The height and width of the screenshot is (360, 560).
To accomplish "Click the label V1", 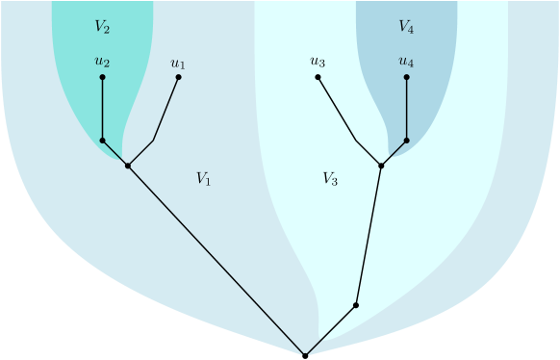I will click(x=203, y=178).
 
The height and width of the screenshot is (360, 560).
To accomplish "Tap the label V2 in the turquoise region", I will click(x=102, y=27).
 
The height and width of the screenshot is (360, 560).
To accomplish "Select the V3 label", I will click(x=329, y=178).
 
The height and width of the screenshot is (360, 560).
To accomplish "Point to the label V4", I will click(x=406, y=27).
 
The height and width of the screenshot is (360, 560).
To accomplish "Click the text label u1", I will click(x=178, y=64).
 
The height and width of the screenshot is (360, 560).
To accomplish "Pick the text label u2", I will click(x=102, y=63).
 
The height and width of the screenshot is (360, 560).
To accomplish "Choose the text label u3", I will click(x=318, y=63).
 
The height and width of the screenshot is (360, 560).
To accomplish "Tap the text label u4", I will click(x=406, y=63).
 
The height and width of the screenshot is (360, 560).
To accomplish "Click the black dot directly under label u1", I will click(x=178, y=77).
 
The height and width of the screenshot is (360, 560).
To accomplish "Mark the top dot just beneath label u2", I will click(x=102, y=77).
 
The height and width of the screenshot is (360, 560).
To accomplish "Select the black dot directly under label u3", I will click(x=318, y=77).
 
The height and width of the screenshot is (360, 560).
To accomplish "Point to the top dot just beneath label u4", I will click(x=406, y=77).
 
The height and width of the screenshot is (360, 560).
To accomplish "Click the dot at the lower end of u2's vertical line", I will click(x=102, y=141).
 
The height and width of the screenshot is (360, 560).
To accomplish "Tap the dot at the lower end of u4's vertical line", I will click(x=406, y=141).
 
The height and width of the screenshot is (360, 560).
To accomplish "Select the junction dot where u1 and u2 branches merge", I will click(x=127, y=166).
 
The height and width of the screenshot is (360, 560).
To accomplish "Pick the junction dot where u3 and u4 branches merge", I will click(x=381, y=166).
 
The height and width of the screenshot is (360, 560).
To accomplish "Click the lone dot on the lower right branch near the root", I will click(x=356, y=305).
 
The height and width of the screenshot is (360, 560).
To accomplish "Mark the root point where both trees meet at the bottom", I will click(x=305, y=356).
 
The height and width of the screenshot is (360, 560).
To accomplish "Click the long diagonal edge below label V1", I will click(x=216, y=261).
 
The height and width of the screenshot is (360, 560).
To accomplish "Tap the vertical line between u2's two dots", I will click(x=102, y=109).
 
